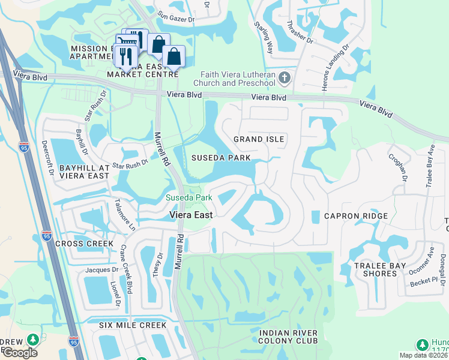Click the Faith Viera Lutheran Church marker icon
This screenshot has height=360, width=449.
click(x=285, y=78)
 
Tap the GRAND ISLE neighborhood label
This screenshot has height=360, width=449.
click(x=259, y=139)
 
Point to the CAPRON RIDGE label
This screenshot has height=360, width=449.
click(x=355, y=216)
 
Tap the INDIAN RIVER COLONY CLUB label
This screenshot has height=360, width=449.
click(x=288, y=337)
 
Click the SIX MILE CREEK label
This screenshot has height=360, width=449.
click(x=133, y=325)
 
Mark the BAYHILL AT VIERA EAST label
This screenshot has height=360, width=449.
click(x=84, y=171)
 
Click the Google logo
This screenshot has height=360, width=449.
click(x=20, y=353)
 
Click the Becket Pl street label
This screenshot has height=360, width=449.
click(x=424, y=281)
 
